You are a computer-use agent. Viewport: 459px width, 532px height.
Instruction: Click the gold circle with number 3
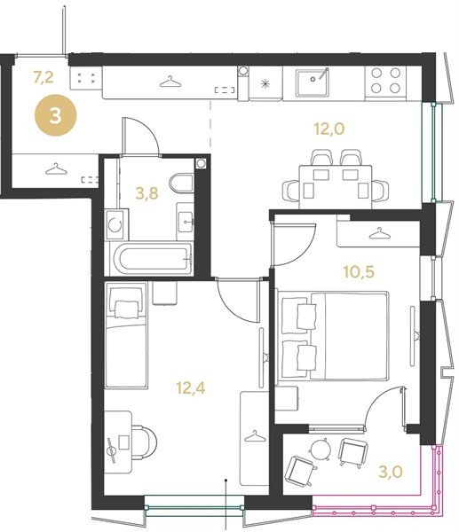56,115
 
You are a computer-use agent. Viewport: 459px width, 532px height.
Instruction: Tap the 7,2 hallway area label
44,78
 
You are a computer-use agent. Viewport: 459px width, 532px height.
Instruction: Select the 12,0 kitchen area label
329,129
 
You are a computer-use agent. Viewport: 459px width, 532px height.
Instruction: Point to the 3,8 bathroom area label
146,193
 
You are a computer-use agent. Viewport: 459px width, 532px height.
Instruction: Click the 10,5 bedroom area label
359,272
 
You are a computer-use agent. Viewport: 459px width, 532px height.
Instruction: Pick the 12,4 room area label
191,387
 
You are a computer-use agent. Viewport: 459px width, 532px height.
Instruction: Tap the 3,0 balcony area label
391,472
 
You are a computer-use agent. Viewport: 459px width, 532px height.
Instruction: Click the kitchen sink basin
313,82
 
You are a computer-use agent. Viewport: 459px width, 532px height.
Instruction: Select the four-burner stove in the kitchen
385,81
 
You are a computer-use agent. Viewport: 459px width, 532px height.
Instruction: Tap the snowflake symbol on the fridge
265,84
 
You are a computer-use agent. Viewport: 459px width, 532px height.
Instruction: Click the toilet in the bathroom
182,183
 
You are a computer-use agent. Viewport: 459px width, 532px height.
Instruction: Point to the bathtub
153,260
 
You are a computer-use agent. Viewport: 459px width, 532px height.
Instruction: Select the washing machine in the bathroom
116,224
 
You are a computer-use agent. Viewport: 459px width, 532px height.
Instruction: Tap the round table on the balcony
321,449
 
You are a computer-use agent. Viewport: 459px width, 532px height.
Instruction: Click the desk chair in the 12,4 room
144,442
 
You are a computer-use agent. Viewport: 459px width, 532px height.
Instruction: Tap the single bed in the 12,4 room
126,335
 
